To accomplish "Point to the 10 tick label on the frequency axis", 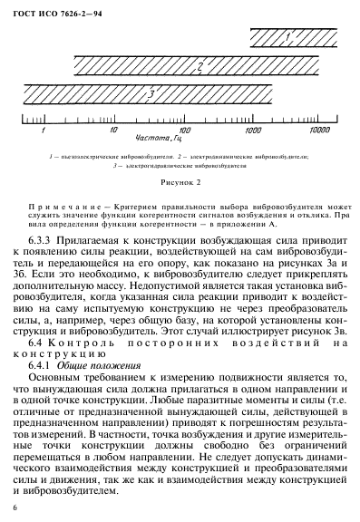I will click(112, 130).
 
